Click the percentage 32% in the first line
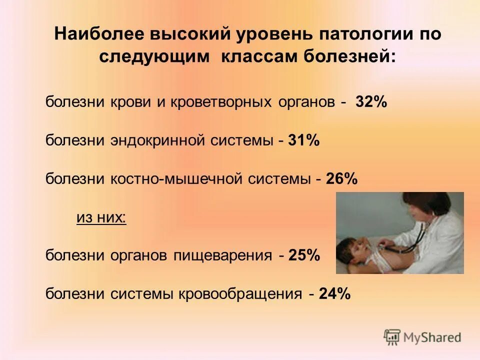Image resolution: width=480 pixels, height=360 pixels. (371, 102)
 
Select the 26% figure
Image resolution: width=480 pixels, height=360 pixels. (342, 179)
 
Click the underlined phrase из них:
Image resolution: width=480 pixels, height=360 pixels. (101, 217)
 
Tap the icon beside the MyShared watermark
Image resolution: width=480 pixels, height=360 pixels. (392, 337)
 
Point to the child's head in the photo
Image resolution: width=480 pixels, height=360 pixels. (353, 247)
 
